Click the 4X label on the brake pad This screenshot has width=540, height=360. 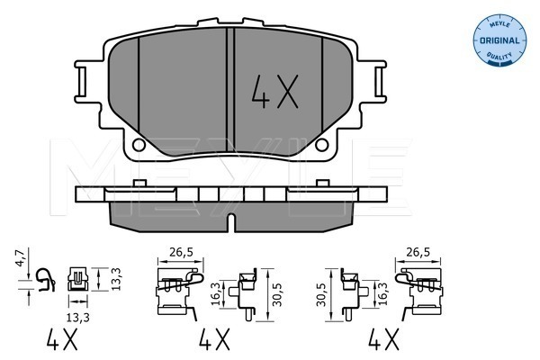click(x=274, y=92)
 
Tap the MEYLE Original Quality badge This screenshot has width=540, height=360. click(x=499, y=39)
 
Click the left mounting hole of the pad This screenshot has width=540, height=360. click(x=139, y=145)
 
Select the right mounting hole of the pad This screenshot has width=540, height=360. click(x=321, y=145)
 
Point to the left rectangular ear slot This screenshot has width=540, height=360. click(x=82, y=82)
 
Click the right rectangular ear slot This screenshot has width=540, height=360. click(x=379, y=82)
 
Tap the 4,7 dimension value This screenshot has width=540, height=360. click(x=22, y=258)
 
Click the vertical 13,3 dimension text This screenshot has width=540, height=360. click(x=116, y=279)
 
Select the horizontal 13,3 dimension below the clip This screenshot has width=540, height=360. click(x=77, y=318)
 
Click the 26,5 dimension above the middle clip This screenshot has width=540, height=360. click(x=181, y=253)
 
